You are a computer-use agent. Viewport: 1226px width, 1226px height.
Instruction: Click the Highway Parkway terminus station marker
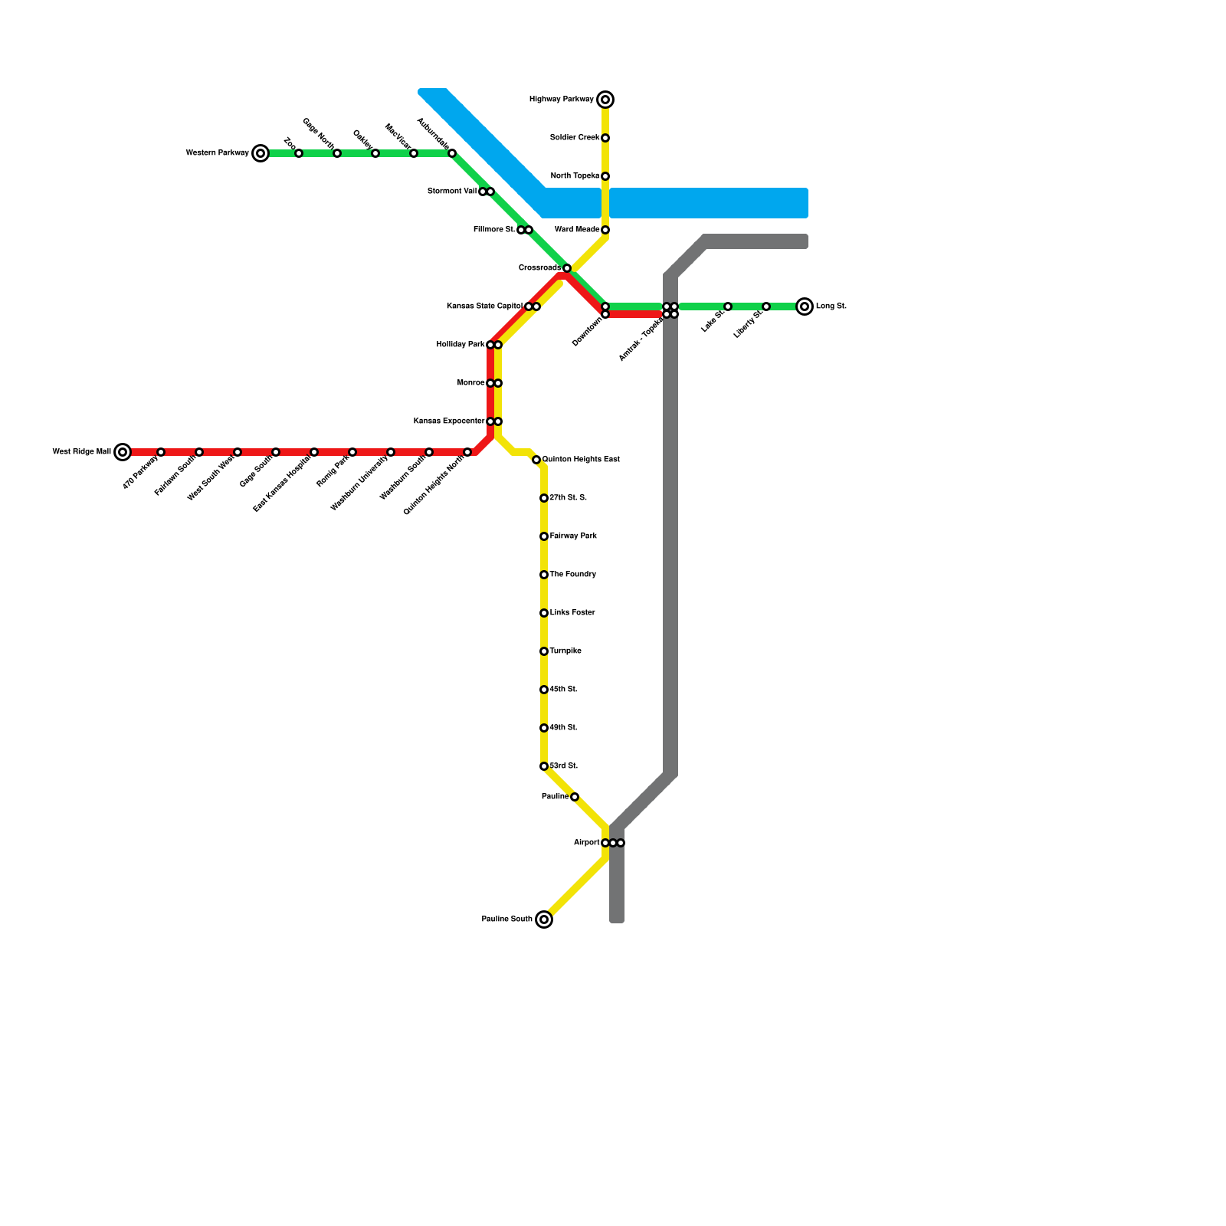pyautogui.click(x=605, y=100)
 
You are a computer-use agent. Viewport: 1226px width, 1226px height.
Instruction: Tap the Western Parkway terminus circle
pyautogui.click(x=261, y=153)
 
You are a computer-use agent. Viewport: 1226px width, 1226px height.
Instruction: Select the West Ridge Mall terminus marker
pyautogui.click(x=123, y=452)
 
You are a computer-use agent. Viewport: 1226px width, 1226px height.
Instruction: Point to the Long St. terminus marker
pyautogui.click(x=805, y=306)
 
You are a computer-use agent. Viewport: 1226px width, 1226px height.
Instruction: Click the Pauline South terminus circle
pyautogui.click(x=544, y=919)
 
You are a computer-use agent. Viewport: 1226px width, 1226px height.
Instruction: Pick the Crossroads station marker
pyautogui.click(x=567, y=268)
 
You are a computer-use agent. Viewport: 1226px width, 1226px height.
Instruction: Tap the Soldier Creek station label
pyautogui.click(x=575, y=138)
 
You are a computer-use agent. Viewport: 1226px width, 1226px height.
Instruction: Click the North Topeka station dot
pyautogui.click(x=605, y=176)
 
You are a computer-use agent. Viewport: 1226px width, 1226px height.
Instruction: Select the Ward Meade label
pyautogui.click(x=577, y=230)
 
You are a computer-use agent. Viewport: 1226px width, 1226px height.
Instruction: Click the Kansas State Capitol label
pyautogui.click(x=484, y=306)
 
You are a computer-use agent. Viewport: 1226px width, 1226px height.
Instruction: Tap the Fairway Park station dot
pyautogui.click(x=544, y=536)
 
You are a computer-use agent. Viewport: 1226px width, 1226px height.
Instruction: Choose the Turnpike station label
pyautogui.click(x=565, y=651)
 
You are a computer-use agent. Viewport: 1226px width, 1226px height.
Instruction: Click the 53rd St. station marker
pyautogui.click(x=544, y=766)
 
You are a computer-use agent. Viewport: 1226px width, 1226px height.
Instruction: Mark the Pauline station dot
pyautogui.click(x=575, y=797)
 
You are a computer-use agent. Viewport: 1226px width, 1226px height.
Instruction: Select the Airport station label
pyautogui.click(x=586, y=843)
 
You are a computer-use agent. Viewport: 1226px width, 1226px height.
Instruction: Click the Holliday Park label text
pyautogui.click(x=461, y=345)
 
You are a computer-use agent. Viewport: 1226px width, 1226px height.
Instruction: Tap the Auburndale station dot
pyautogui.click(x=452, y=153)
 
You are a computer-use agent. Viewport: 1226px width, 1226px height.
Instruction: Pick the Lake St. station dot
pyautogui.click(x=728, y=306)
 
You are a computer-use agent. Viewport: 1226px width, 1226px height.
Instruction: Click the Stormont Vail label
pyautogui.click(x=452, y=192)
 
